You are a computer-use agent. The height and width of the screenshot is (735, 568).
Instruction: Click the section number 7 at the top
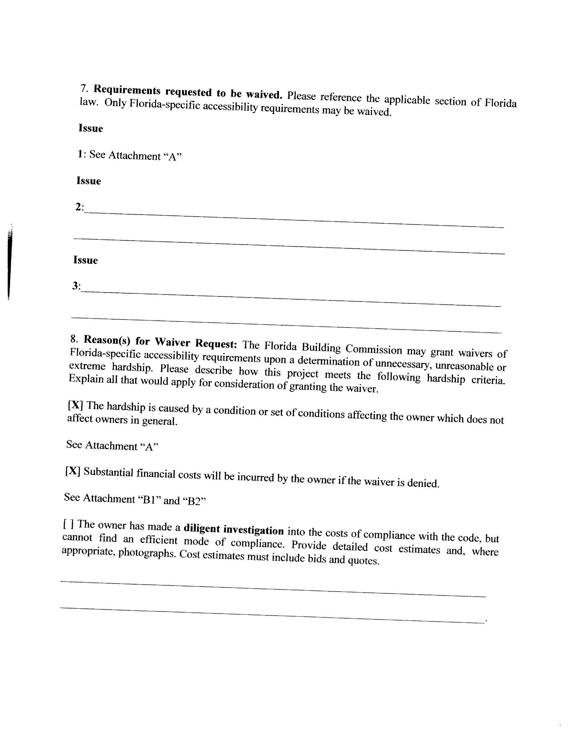(x=84, y=88)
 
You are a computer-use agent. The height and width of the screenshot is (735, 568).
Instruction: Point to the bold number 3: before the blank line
(x=77, y=286)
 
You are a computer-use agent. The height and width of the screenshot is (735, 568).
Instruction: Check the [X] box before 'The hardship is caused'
(x=75, y=405)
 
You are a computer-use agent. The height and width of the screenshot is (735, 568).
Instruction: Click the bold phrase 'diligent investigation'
(x=234, y=529)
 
